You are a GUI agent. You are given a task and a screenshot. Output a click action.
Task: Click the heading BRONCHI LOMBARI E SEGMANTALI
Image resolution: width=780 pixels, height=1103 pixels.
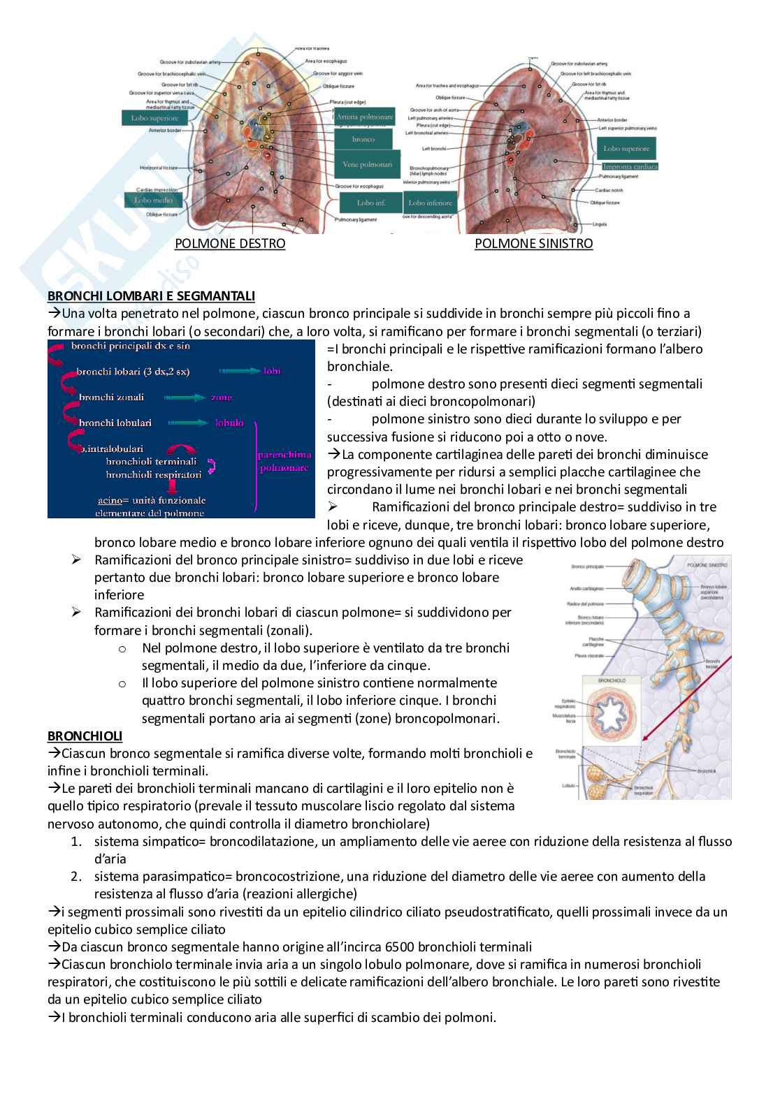pyautogui.click(x=151, y=295)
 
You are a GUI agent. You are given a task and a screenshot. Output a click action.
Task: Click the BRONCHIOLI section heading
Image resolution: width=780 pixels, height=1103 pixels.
pyautogui.click(x=85, y=736)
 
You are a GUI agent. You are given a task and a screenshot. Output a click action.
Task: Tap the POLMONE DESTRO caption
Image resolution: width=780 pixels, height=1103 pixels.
pyautogui.click(x=230, y=243)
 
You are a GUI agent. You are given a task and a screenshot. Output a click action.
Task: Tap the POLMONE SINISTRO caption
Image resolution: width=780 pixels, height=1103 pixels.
pyautogui.click(x=533, y=243)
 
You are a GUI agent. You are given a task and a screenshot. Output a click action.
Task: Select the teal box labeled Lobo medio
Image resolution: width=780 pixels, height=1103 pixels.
pyautogui.click(x=153, y=200)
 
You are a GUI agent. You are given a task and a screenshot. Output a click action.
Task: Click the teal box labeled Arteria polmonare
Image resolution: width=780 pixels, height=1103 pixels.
pyautogui.click(x=365, y=117)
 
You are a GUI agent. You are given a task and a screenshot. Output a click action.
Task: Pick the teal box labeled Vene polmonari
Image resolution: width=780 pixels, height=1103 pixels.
pyautogui.click(x=367, y=165)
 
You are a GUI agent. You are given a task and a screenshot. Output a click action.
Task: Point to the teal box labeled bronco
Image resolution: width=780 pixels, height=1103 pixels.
pyautogui.click(x=363, y=139)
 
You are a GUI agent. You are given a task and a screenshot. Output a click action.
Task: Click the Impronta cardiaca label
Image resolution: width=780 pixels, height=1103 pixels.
pyautogui.click(x=630, y=166)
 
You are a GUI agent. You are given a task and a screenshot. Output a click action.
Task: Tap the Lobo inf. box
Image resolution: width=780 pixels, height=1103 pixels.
pyautogui.click(x=370, y=203)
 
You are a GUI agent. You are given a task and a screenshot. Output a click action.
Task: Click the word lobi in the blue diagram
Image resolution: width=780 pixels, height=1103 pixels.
pyautogui.click(x=272, y=371)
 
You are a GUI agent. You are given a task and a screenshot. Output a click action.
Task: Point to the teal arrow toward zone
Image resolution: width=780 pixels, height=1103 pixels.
pyautogui.click(x=185, y=397)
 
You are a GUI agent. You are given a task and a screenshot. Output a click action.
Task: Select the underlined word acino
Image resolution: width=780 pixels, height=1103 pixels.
pyautogui.click(x=110, y=500)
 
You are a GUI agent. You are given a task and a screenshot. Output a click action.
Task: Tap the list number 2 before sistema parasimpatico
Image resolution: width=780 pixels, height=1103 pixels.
pyautogui.click(x=76, y=876)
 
